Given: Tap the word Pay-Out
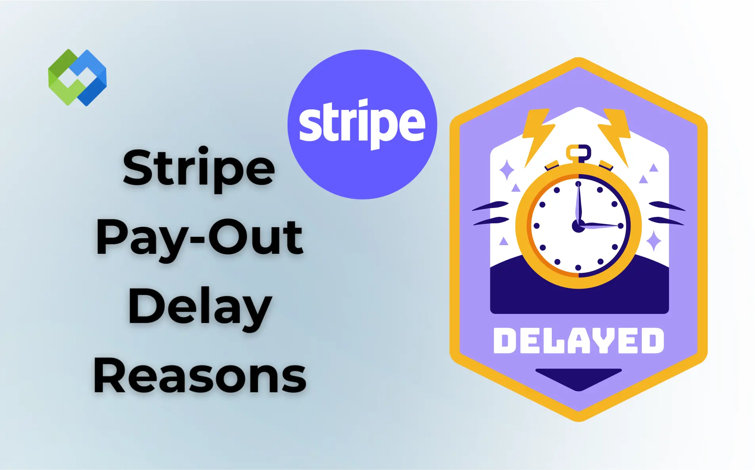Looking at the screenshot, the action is coord(200,238).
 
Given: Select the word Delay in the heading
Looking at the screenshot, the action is coord(200,307).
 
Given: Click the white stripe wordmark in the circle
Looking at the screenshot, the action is coord(362,124).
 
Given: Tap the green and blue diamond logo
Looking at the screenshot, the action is coord(77,78).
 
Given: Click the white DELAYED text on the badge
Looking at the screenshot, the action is coord(578,341).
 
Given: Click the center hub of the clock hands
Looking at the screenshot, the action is coord(578,226).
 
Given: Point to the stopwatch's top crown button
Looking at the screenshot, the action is coord(579,152).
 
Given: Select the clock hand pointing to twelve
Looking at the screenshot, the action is coord(579,204).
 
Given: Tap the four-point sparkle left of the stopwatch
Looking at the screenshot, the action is coord(507,170).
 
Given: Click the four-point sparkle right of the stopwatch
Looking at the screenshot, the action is coord(654,241).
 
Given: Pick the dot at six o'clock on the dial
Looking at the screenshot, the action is coord(578,268).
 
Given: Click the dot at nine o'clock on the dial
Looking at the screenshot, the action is coord(537,226).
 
